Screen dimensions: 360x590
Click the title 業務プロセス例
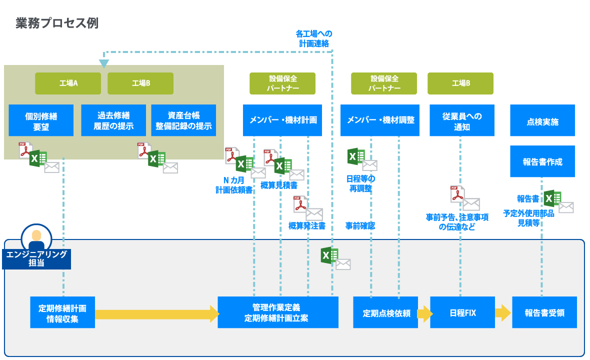(57, 23)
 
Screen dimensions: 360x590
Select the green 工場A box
(68, 83)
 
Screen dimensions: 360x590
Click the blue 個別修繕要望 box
(41, 120)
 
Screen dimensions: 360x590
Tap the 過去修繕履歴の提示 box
(113, 120)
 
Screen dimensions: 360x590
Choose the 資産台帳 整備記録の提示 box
(183, 120)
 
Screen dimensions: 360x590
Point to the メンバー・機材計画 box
(283, 120)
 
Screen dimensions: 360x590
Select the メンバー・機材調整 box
(380, 120)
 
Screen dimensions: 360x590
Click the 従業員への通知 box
(462, 120)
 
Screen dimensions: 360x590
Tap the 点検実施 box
(542, 120)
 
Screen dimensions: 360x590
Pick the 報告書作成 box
(542, 161)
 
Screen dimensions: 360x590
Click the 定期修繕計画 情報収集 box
(62, 312)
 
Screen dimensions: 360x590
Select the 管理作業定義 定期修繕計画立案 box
(278, 312)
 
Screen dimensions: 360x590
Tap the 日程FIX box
(462, 312)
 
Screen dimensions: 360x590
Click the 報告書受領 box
(544, 312)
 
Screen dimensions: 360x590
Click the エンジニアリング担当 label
(36, 258)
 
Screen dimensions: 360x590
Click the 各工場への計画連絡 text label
(313, 38)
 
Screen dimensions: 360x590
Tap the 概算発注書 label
(306, 226)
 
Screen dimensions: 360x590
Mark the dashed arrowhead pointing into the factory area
(103, 63)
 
